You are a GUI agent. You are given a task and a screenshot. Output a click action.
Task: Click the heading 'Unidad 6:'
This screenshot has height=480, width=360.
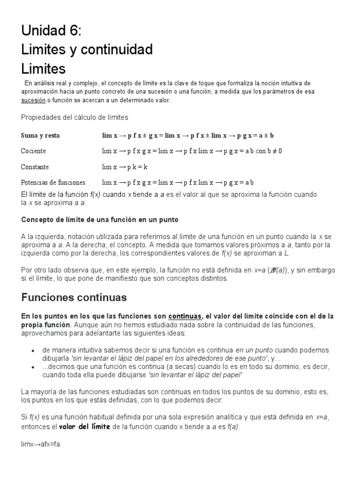coord(51,31)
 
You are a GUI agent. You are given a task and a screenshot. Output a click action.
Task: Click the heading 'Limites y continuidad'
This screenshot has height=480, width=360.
coord(87,49)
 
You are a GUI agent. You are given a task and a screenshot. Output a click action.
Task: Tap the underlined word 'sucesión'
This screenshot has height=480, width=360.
coord(33,100)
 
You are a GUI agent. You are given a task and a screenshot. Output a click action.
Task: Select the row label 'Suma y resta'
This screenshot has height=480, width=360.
coord(40,135)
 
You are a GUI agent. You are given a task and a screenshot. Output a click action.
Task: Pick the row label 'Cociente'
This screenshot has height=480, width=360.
coord(33,151)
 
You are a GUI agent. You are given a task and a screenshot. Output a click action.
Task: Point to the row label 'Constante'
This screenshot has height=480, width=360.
coord(35,167)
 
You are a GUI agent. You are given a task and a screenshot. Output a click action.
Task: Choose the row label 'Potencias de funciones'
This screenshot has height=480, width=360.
coord(53,182)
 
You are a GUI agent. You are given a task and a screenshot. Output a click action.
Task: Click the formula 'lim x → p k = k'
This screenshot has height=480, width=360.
coord(125,167)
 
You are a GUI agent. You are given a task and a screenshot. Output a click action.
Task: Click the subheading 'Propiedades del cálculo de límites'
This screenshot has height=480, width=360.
coord(75,117)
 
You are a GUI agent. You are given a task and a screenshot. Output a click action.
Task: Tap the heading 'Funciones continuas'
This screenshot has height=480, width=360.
coord(74,297)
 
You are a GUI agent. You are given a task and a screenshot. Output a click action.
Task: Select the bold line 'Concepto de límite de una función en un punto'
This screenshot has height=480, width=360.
coord(100,219)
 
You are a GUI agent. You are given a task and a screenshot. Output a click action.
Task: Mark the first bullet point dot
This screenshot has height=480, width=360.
coord(32,351)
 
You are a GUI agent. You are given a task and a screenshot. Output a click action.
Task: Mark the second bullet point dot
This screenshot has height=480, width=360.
coord(32,367)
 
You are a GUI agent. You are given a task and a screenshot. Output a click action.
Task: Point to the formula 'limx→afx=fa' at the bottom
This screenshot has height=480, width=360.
coord(41,444)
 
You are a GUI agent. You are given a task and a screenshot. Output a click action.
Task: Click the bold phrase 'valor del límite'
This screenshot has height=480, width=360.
coord(84,426)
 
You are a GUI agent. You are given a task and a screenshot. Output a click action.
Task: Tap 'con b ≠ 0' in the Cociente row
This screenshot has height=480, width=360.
coord(269,151)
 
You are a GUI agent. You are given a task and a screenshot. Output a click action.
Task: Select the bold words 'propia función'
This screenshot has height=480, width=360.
coord(46,324)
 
